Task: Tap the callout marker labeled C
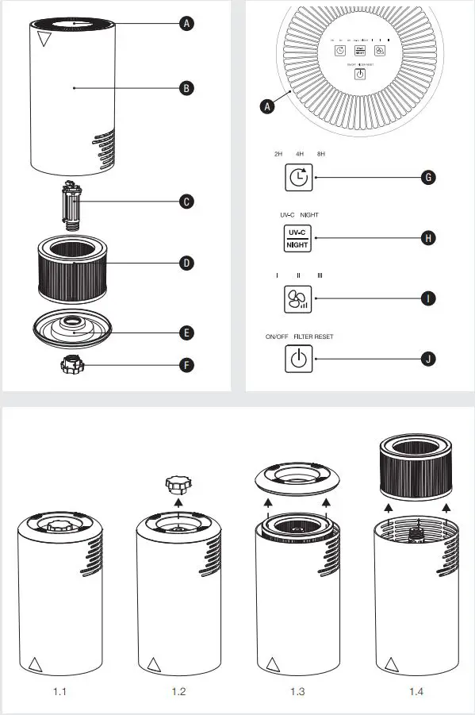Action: [x=186, y=202]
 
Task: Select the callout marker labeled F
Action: [x=186, y=366]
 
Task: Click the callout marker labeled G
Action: [x=428, y=177]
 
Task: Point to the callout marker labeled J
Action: [x=428, y=359]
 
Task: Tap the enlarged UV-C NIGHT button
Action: [x=297, y=238]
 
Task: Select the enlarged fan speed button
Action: [x=297, y=298]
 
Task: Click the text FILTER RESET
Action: [x=314, y=336]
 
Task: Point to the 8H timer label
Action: [x=320, y=154]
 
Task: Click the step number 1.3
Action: [x=297, y=692]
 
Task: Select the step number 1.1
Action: [x=60, y=692]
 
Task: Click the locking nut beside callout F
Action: [x=74, y=366]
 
